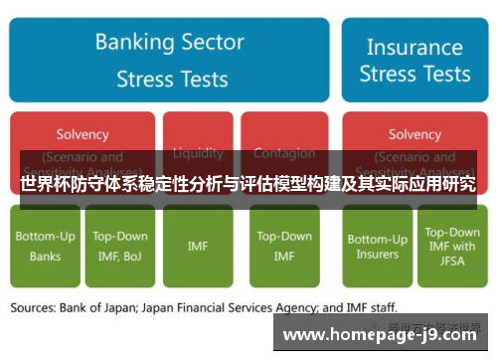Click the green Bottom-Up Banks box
pyautogui.click(x=45, y=246)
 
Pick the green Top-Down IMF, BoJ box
pyautogui.click(x=120, y=246)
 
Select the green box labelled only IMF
pyautogui.click(x=198, y=246)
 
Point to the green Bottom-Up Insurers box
pyautogui.click(x=377, y=246)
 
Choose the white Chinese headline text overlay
pyautogui.click(x=248, y=184)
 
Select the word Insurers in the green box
pyautogui.click(x=377, y=255)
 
